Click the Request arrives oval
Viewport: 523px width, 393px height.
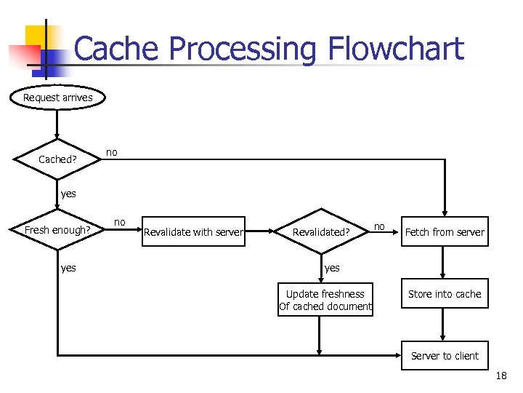click(x=57, y=98)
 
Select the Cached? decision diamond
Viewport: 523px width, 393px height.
click(x=57, y=159)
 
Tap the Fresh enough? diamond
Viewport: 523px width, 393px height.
click(x=57, y=231)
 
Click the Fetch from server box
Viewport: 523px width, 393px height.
click(x=445, y=232)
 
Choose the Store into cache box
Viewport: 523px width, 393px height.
click(x=445, y=294)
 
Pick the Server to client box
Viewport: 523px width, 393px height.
click(x=445, y=356)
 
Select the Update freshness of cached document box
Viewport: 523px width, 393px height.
click(x=325, y=300)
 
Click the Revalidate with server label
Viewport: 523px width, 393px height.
click(x=193, y=232)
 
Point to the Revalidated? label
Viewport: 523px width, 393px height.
click(x=321, y=232)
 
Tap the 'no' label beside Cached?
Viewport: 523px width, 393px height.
click(x=111, y=152)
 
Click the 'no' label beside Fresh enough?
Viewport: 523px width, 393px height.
click(x=120, y=221)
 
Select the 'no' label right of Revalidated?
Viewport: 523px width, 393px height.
click(x=379, y=226)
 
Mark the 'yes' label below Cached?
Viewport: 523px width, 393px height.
click(x=68, y=194)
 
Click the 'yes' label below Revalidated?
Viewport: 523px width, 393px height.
click(x=332, y=268)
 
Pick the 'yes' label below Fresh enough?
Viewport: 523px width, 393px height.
click(x=68, y=268)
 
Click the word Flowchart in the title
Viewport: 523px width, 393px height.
click(x=396, y=49)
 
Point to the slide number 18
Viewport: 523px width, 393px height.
click(x=500, y=376)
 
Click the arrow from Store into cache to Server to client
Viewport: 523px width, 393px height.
click(x=445, y=325)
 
